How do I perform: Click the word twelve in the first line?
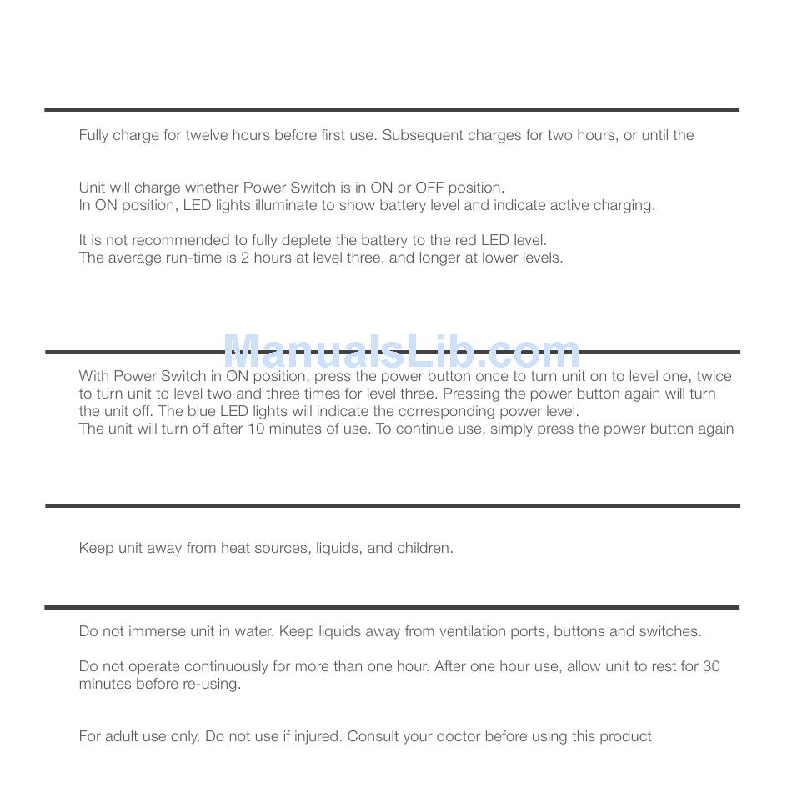coord(207,135)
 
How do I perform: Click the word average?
coord(133,258)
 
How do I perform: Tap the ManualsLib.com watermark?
coord(402,352)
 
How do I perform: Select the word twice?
coord(714,376)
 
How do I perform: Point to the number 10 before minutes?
coord(255,429)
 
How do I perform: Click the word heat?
coord(235,548)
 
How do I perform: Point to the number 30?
coord(711,666)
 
